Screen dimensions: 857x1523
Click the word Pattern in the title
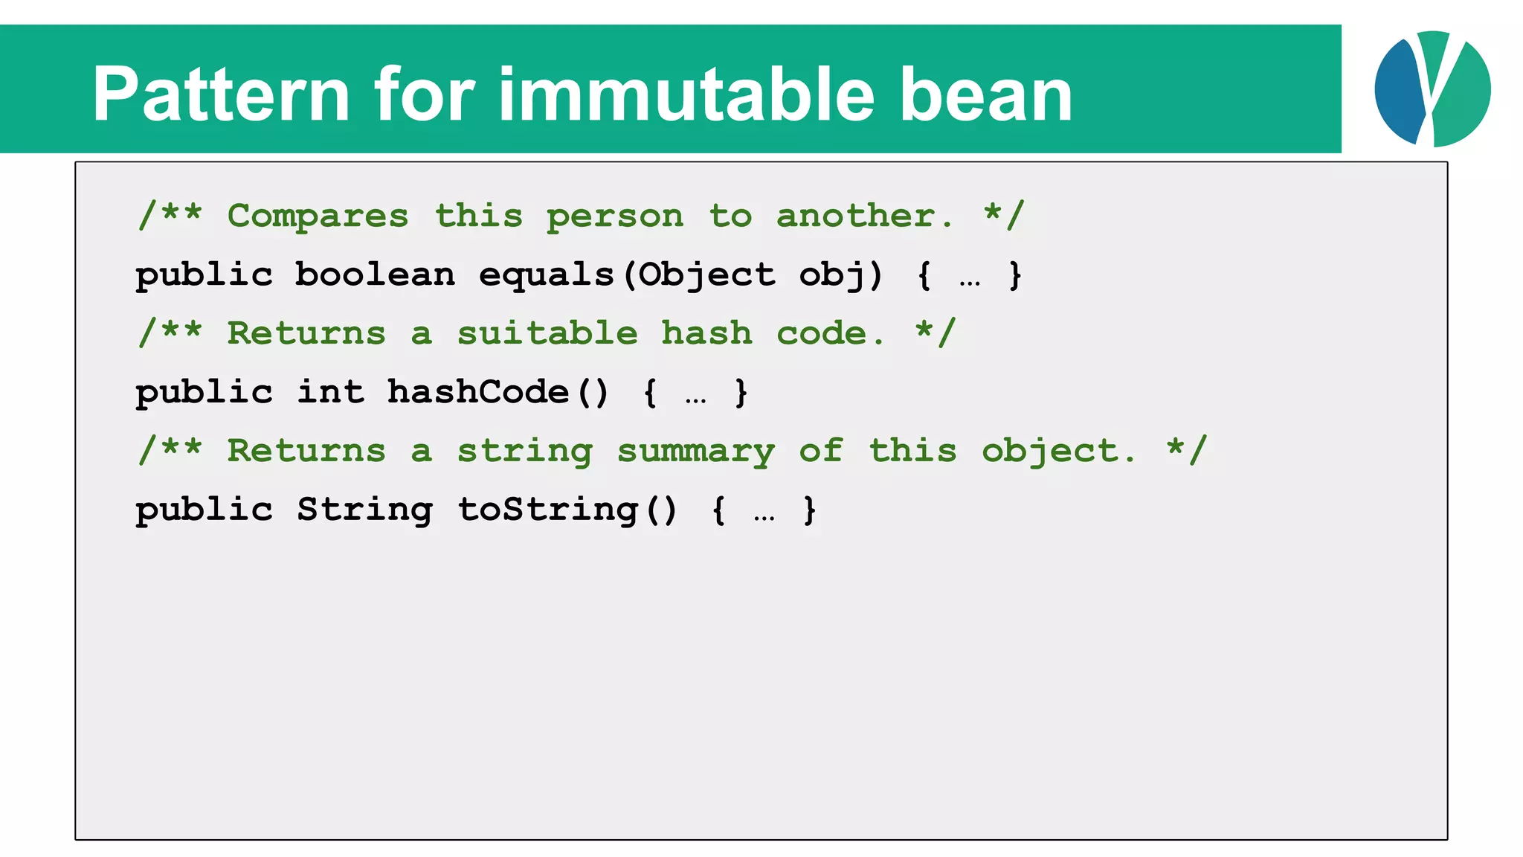(221, 94)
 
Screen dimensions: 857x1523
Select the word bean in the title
(985, 94)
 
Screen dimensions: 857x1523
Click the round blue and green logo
(1432, 89)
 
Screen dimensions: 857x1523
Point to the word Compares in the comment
(318, 216)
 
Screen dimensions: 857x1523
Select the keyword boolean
(375, 275)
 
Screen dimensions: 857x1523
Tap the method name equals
(546, 275)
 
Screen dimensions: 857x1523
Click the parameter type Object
(706, 275)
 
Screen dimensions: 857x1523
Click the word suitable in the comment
(547, 333)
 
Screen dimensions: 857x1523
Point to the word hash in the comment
(706, 333)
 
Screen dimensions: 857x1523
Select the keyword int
(330, 392)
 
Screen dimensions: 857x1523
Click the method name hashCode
(477, 392)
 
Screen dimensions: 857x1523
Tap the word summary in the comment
(695, 452)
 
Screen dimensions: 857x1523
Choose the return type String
(364, 510)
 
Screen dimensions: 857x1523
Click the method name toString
(547, 510)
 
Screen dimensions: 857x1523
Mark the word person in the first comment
(614, 217)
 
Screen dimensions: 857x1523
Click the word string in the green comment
(524, 452)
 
